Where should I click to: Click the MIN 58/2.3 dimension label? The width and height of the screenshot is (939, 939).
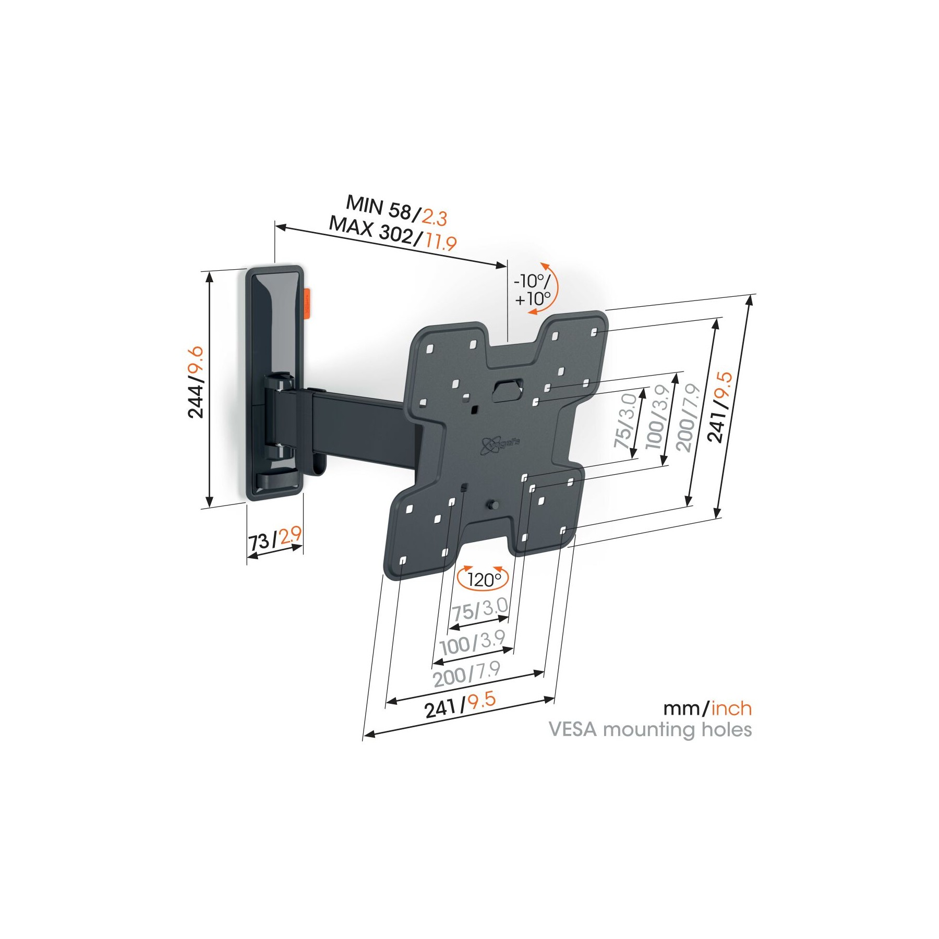point(396,210)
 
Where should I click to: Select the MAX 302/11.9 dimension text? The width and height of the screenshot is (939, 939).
point(393,233)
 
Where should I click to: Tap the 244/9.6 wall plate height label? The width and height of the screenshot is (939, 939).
point(196,382)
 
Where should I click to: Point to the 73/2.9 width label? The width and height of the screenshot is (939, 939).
point(275,539)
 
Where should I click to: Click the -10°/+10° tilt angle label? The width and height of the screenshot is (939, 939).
point(533,290)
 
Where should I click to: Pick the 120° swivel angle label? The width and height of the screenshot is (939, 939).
point(483,579)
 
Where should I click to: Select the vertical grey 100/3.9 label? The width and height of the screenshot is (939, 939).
point(657,417)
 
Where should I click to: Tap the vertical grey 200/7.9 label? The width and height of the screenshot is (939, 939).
point(688,417)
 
